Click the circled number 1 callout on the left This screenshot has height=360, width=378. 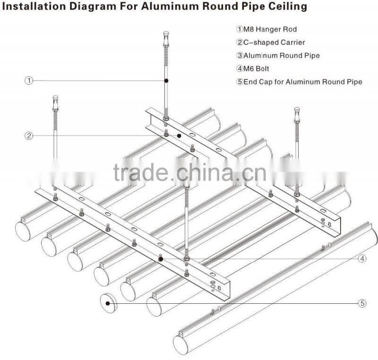[29, 81]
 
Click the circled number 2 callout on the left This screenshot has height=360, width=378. [29, 136]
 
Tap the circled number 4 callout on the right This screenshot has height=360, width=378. [361, 258]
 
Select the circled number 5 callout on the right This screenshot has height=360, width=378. [361, 303]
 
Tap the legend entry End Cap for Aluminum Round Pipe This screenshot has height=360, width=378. [302, 82]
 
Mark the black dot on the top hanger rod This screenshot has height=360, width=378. [166, 81]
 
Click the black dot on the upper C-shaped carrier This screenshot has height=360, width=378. [179, 136]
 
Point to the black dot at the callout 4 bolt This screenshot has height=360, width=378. [161, 259]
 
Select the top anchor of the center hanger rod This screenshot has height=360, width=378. [166, 36]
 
